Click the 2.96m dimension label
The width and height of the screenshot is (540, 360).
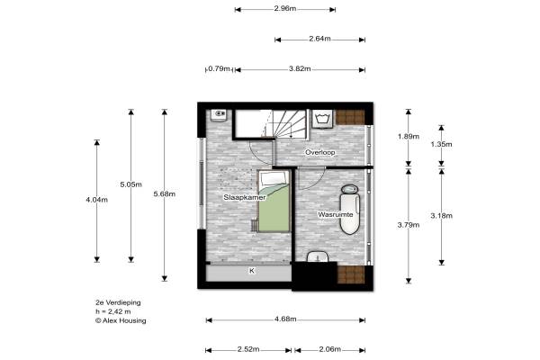tap(285, 9)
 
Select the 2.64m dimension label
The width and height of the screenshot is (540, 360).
tap(319, 39)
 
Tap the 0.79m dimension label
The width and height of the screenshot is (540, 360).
tap(219, 69)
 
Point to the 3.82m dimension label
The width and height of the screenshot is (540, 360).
tap(300, 69)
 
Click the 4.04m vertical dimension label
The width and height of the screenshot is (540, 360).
tap(97, 200)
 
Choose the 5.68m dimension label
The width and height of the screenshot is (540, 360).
tap(165, 194)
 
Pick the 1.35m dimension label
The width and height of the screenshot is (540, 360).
tap(442, 144)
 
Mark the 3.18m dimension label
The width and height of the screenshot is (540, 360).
tap(442, 216)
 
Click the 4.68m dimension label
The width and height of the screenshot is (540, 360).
tap(285, 319)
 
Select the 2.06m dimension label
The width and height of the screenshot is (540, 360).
tap(330, 350)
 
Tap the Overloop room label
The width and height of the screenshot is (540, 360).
tap(319, 152)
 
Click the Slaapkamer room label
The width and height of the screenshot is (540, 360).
tap(245, 197)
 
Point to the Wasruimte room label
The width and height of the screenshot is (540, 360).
tap(336, 214)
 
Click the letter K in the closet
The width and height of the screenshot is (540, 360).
tap(252, 271)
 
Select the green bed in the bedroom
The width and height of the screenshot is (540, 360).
tap(274, 202)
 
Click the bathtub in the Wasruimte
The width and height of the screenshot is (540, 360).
tap(349, 210)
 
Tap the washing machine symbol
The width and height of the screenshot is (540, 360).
tap(323, 119)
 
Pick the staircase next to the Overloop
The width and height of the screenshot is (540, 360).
tap(285, 124)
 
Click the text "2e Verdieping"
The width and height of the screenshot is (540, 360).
tap(118, 302)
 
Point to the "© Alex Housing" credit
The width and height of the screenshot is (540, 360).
tap(121, 320)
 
